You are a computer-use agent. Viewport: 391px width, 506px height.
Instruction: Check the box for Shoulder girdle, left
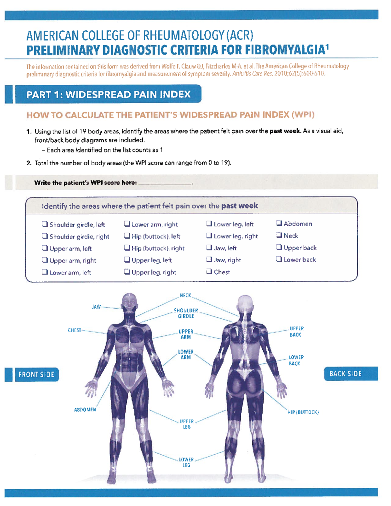click(x=45, y=224)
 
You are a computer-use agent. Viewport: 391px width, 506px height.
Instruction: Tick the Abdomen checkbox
click(x=279, y=223)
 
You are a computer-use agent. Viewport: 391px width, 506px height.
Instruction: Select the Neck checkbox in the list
click(x=279, y=235)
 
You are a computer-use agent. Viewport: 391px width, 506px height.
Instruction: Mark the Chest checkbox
click(x=209, y=271)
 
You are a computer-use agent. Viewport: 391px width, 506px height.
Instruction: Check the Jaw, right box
click(x=209, y=260)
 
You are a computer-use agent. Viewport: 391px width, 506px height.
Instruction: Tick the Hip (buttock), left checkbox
click(x=127, y=236)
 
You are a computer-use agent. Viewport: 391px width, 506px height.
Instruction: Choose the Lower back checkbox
click(x=279, y=259)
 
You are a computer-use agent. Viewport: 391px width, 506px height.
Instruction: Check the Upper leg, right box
click(x=127, y=272)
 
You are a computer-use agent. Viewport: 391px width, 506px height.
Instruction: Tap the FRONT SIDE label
click(x=36, y=374)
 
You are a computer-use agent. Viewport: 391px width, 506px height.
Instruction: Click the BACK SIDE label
click(x=345, y=374)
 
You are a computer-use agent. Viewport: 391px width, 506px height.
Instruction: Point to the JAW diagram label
click(x=96, y=307)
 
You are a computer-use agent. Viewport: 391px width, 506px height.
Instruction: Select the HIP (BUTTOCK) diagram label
click(x=303, y=412)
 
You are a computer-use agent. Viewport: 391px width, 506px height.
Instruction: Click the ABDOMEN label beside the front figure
click(x=85, y=410)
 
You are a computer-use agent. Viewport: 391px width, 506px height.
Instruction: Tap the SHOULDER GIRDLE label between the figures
click(x=186, y=313)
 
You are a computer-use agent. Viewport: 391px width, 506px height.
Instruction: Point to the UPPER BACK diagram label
click(x=297, y=332)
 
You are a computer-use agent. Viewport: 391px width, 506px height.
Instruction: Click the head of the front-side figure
click(x=129, y=301)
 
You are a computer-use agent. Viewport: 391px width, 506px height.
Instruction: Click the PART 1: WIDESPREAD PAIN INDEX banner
click(x=109, y=94)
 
